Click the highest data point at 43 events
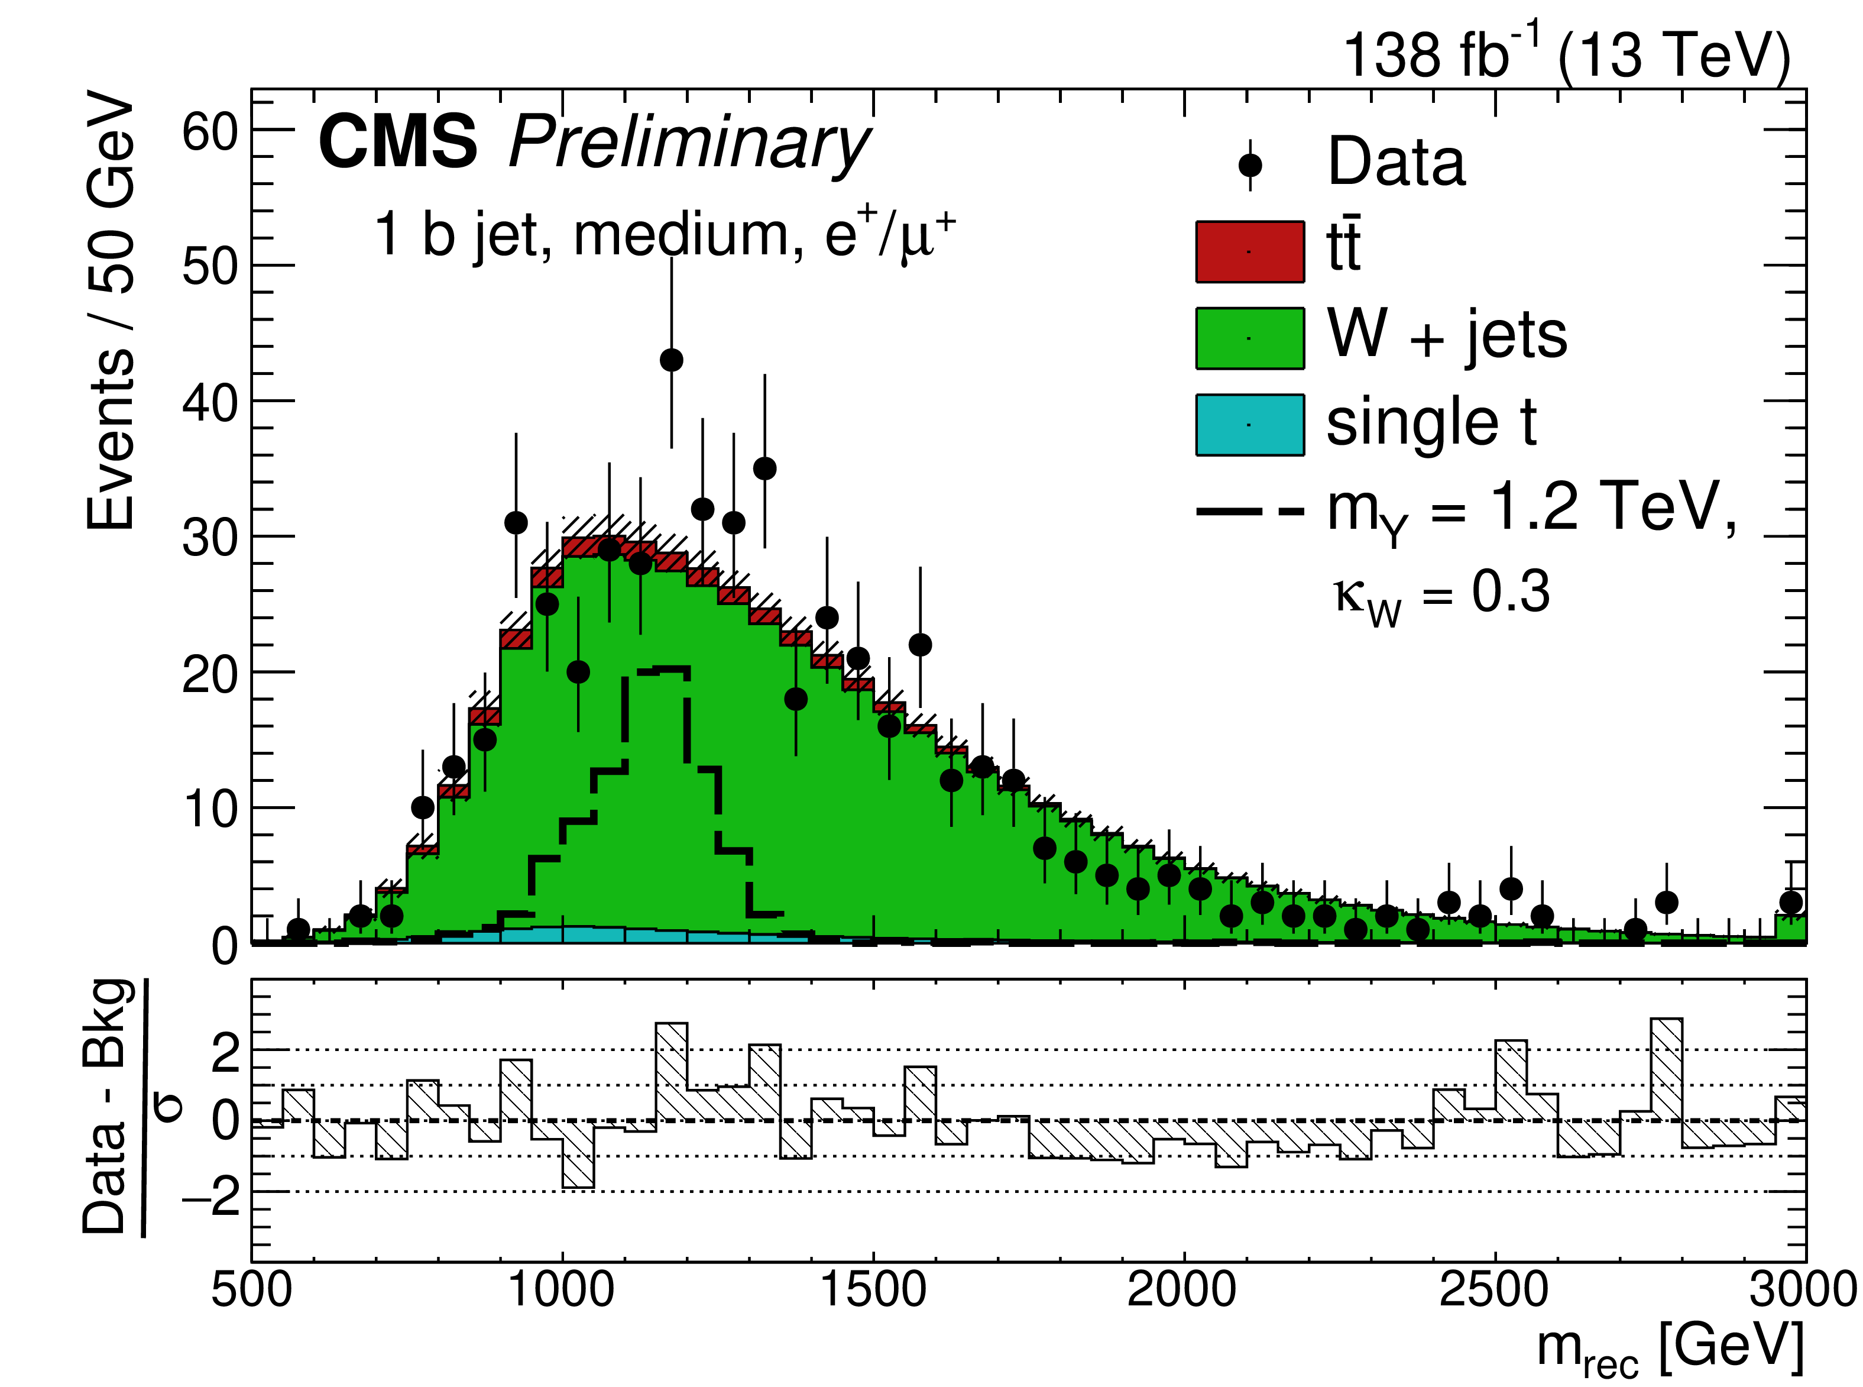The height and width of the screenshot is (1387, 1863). click(671, 360)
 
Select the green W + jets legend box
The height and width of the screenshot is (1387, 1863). click(1249, 338)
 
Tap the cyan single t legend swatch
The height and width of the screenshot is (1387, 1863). click(1249, 425)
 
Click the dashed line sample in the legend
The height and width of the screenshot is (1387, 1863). click(1249, 510)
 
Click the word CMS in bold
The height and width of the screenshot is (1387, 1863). click(398, 142)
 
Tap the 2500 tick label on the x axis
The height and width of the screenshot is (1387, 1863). click(1495, 1289)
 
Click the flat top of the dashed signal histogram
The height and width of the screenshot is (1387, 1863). click(657, 670)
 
